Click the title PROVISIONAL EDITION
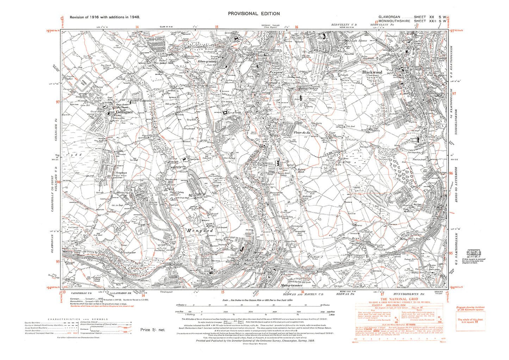254,14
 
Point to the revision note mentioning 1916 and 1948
105,17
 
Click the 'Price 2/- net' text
152,330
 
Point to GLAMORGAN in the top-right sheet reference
390,17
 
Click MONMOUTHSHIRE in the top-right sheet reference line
394,21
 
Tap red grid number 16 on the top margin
297,27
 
